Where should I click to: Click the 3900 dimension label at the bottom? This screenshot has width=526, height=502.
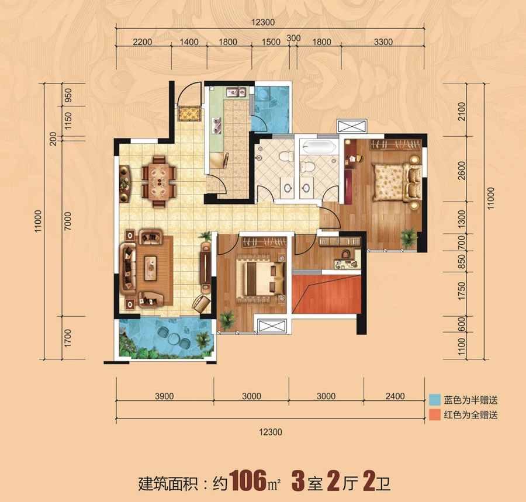164,396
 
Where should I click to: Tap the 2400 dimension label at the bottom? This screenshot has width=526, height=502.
395,396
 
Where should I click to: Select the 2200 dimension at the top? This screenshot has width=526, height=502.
142,42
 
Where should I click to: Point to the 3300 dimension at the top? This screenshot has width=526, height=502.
383,42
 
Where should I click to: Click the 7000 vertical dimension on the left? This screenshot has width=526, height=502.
68,221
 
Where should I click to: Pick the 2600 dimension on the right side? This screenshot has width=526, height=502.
462,170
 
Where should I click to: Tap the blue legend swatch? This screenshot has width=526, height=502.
435,400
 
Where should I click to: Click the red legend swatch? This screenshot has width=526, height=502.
435,414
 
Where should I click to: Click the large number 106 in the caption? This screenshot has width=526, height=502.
248,480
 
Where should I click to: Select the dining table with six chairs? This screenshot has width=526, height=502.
159,181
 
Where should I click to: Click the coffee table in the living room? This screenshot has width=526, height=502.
150,268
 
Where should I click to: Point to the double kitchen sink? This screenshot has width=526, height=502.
237,92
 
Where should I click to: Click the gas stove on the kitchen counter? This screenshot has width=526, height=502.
217,124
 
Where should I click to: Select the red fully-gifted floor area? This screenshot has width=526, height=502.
326,294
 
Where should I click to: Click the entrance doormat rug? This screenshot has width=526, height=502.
190,114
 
